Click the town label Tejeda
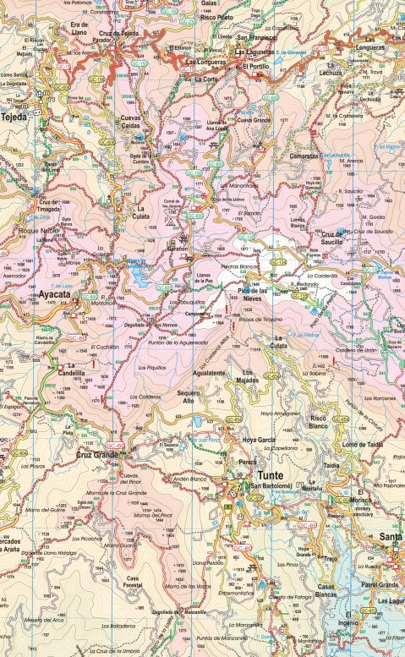[x=14, y=118]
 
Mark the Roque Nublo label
[x=38, y=229]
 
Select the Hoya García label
[x=260, y=440]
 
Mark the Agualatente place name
[x=208, y=373]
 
